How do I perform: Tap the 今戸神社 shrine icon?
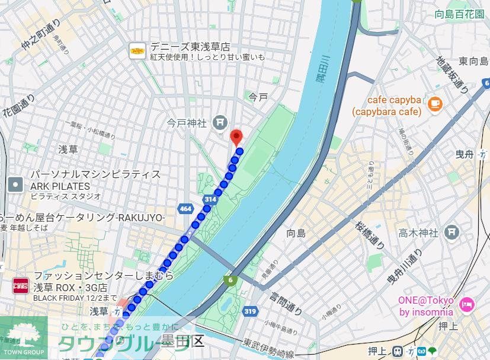pyautogui.click(x=220, y=123)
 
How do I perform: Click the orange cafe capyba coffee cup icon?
pyautogui.click(x=435, y=103)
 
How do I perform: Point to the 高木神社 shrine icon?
pyautogui.click(x=451, y=231)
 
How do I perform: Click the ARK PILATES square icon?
pyautogui.click(x=15, y=184)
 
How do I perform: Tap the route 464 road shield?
pyautogui.click(x=185, y=208)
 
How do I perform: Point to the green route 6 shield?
pyautogui.click(x=229, y=279)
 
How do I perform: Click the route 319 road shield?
pyautogui.click(x=249, y=311)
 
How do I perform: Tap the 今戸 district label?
pyautogui.click(x=258, y=96)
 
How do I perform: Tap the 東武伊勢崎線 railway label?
pyautogui.click(x=269, y=349)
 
